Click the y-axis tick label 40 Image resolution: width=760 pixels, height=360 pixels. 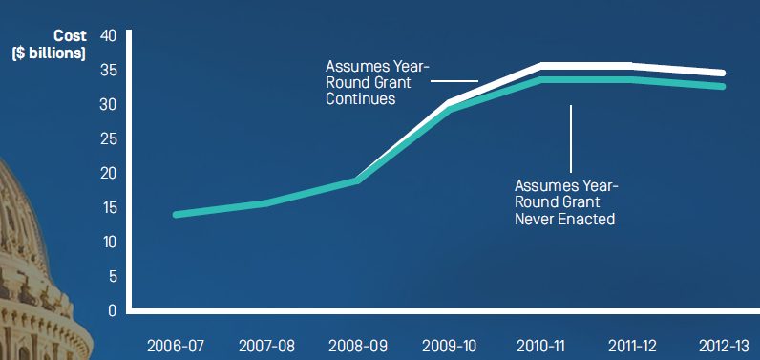pos(108,35)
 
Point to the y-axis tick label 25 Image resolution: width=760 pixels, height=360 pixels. pos(108,138)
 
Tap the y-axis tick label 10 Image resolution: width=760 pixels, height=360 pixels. pos(108,242)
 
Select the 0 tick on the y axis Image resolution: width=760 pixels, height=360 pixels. pos(112,310)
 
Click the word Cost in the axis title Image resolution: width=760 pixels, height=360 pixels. pos(71,35)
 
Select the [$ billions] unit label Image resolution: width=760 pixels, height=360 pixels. pos(49,53)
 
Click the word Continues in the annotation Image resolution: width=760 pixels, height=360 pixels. pos(361,99)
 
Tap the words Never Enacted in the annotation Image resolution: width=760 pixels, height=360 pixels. pos(564,219)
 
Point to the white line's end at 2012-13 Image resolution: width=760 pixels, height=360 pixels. pos(722,73)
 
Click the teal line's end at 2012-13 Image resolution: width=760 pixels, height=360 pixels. pos(722,87)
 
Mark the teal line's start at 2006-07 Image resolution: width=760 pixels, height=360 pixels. pos(177,214)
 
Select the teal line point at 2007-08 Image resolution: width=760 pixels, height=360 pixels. pos(267,202)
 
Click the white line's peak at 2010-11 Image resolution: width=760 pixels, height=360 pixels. pos(541,65)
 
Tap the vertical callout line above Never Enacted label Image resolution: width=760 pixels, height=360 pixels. pos(571,138)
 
